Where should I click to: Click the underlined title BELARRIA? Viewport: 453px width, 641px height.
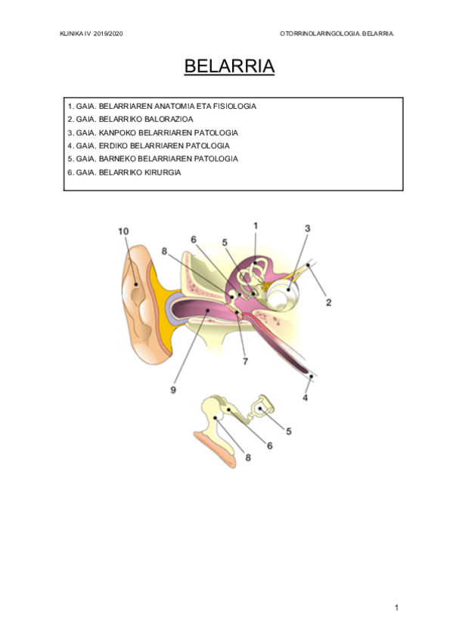pos(229,67)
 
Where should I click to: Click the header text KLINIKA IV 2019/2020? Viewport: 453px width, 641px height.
pos(92,34)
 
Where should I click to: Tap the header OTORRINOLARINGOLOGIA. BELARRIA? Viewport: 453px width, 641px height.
pos(337,34)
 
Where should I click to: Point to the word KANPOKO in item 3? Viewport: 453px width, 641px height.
pos(118,133)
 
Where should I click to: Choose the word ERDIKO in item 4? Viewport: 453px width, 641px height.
pos(113,146)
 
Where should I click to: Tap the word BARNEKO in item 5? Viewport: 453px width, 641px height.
pos(117,159)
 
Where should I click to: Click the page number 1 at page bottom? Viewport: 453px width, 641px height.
pos(396,608)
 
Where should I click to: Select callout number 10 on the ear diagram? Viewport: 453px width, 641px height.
pos(123,231)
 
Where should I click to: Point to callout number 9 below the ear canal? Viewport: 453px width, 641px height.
pos(173,390)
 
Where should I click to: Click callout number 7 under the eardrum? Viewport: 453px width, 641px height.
pos(245,361)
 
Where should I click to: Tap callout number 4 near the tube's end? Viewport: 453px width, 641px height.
pos(305,398)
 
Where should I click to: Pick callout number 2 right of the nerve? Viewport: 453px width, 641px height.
pos(328,302)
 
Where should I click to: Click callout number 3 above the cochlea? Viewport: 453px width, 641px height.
pos(308,228)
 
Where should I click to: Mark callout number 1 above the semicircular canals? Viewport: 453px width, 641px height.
pos(256,226)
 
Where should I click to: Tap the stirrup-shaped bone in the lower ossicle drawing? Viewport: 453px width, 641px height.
pos(262,407)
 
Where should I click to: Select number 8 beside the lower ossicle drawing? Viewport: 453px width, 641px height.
pos(248,458)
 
